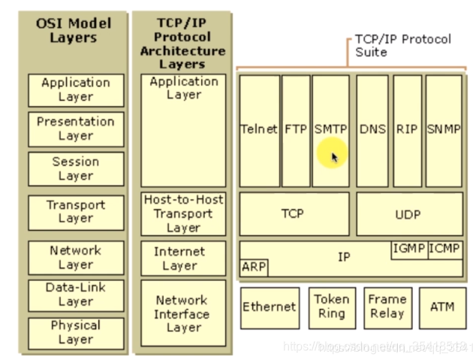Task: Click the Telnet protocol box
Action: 259,129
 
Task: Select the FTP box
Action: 296,129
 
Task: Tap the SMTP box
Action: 330,129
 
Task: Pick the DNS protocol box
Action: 372,129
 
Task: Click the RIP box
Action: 408,129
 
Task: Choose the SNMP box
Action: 444,129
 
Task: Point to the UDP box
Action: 408,214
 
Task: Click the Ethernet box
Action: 270,307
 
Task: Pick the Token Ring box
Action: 331,307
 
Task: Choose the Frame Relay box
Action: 387,307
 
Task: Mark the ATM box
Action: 442,307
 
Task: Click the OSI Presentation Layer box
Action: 76,129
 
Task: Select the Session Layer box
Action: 76,168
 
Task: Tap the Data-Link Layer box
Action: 76,295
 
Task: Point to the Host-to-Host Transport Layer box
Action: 183,213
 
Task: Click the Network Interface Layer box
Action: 182,314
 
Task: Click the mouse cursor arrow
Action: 334,157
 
